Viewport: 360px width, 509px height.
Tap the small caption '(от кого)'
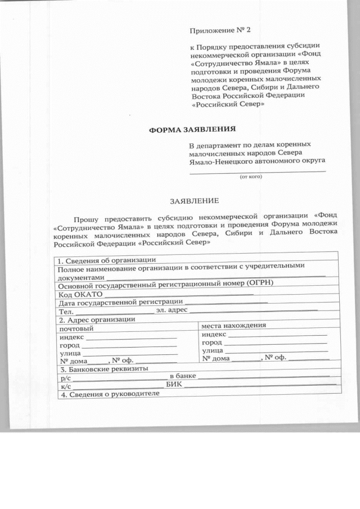(x=251, y=177)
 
